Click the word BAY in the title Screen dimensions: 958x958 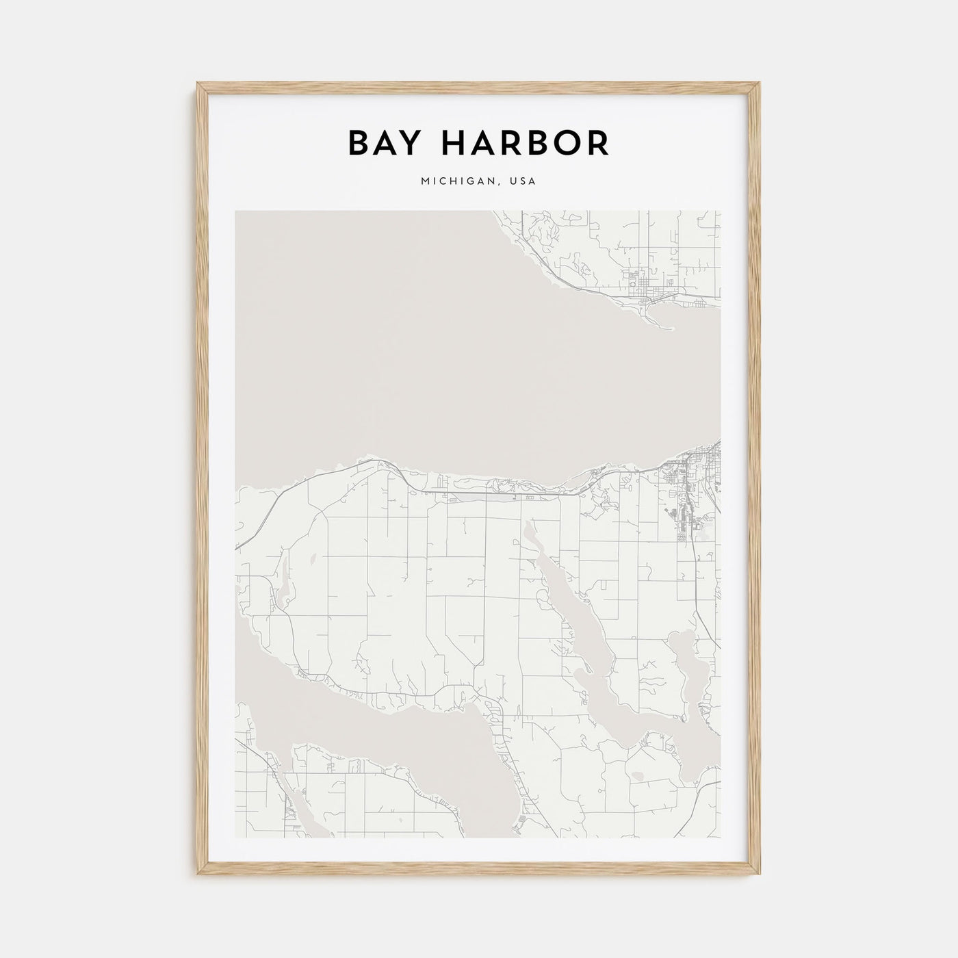click(385, 142)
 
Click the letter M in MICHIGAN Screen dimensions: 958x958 click(425, 181)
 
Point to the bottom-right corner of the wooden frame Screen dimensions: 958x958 click(761, 877)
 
